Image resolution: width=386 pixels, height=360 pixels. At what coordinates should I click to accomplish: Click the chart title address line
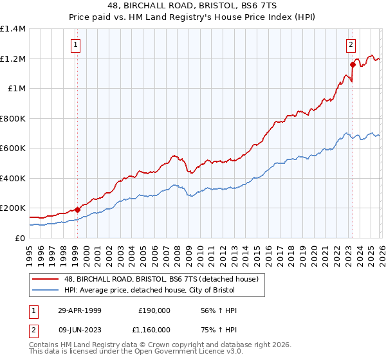tap(193, 6)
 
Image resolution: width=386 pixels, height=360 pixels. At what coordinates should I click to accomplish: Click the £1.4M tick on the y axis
tap(13, 29)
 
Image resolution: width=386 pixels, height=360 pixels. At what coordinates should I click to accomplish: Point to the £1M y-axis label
tap(16, 89)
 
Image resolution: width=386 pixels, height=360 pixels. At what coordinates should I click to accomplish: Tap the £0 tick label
tap(19, 238)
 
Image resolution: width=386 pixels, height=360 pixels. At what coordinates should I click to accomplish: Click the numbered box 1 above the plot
tap(76, 44)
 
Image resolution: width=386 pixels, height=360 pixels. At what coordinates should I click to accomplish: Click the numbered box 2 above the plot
tap(351, 44)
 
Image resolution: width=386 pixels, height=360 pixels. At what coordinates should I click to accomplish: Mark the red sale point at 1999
tap(77, 209)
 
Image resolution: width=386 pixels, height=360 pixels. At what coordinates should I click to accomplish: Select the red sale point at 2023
tap(353, 64)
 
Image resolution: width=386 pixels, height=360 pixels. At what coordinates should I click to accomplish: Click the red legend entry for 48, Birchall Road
tap(161, 279)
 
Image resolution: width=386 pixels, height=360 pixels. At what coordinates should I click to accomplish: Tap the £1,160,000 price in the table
tap(154, 329)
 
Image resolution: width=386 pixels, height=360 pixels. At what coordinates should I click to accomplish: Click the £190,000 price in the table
tap(154, 310)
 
